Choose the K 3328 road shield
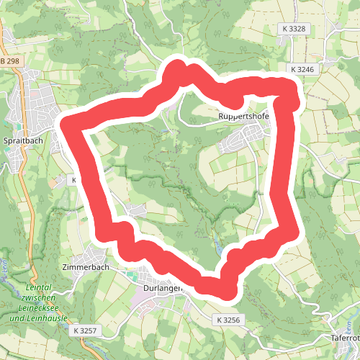294,29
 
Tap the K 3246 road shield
304,69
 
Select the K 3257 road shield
85,330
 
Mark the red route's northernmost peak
175,69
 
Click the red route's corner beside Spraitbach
68,124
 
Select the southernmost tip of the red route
227,292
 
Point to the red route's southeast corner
289,229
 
